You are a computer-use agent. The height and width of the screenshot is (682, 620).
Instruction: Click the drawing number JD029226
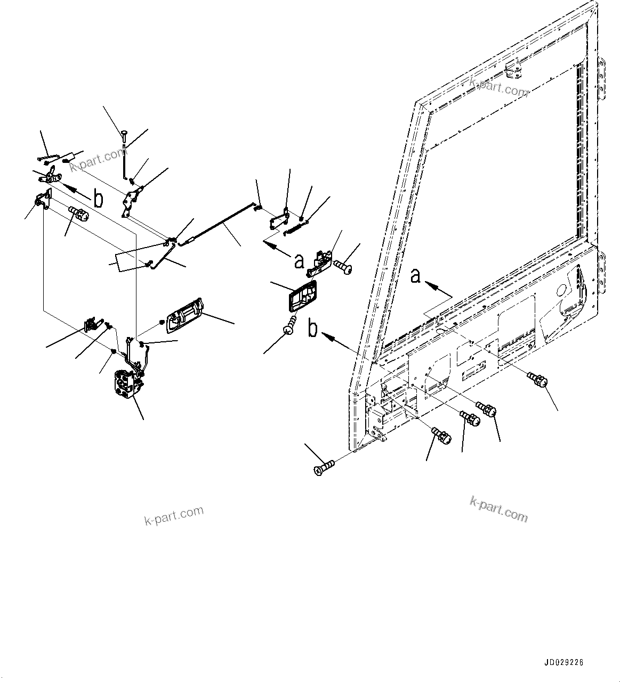pos(564,663)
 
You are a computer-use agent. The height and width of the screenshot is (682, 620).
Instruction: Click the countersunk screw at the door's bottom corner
pos(323,469)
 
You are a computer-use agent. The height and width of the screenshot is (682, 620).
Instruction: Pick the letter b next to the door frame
pos(313,328)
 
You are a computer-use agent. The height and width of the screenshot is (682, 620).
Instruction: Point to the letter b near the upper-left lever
pos(99,200)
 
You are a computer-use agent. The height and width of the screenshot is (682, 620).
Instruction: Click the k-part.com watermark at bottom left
pos(174,514)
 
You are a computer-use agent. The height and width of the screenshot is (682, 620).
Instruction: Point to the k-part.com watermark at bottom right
pos(499,508)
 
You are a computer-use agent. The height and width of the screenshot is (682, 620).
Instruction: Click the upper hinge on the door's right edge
pos(603,78)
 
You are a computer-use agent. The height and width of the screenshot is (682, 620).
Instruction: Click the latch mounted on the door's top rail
pos(513,69)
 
